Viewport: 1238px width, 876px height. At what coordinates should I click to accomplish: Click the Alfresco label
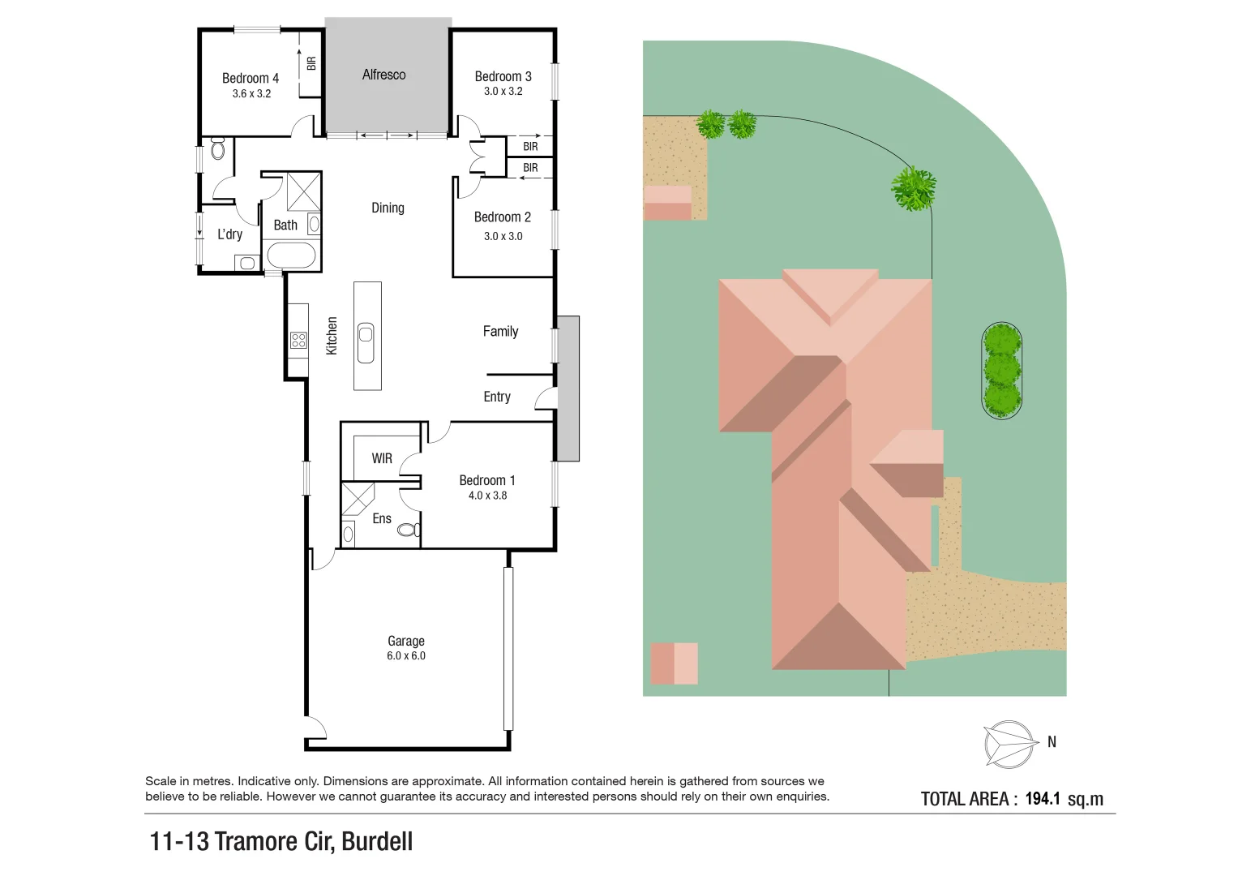(383, 75)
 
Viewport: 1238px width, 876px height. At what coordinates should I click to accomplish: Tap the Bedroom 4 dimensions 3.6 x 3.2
(251, 94)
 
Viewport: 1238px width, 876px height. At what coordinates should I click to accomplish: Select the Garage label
(405, 641)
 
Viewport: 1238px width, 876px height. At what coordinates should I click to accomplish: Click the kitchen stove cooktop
(298, 340)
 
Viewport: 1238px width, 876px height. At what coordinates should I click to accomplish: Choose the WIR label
(382, 458)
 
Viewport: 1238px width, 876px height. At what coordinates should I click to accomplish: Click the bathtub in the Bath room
(290, 256)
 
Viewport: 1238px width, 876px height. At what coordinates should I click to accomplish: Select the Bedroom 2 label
(502, 217)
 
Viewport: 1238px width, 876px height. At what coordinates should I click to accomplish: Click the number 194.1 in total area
(1043, 799)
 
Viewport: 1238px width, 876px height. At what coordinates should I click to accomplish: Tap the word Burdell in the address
(377, 842)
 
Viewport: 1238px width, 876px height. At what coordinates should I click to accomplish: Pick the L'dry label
(229, 234)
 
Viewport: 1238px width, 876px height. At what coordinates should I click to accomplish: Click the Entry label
(497, 397)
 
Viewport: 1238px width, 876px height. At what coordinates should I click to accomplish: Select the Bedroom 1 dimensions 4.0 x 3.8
(487, 496)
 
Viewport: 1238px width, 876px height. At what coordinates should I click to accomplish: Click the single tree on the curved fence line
(914, 189)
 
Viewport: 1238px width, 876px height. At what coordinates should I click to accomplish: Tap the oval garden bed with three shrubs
(1002, 371)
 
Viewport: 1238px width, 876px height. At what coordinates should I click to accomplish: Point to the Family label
(500, 331)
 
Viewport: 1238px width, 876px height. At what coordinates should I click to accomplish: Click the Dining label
(388, 208)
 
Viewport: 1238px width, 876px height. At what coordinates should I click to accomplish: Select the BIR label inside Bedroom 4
(311, 62)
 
